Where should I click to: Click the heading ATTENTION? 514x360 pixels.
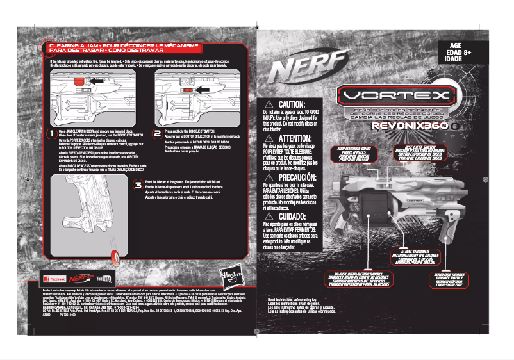tap(292, 138)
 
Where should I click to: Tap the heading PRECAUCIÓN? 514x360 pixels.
tap(292, 177)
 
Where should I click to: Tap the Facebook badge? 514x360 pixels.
tap(53, 279)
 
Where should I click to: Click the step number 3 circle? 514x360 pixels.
tap(138, 186)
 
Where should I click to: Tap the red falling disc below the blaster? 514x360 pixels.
tap(115, 257)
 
